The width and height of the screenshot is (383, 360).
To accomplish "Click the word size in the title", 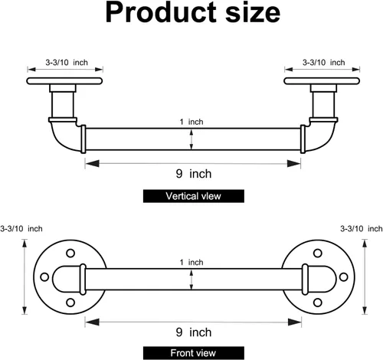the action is [253, 13].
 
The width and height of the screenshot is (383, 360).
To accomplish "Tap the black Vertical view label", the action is [194, 196].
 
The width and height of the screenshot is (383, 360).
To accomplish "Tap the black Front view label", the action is [194, 353].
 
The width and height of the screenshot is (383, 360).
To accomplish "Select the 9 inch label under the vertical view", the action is [194, 174].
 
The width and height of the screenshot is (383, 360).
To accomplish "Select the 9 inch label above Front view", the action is [194, 332].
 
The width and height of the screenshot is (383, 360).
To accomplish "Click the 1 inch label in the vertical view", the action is [191, 122].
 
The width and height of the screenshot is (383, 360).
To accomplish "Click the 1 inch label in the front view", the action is [191, 262].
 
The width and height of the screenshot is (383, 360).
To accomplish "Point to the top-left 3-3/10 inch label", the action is [67, 62].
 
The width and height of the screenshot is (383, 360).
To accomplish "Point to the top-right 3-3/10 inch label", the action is [324, 62].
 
